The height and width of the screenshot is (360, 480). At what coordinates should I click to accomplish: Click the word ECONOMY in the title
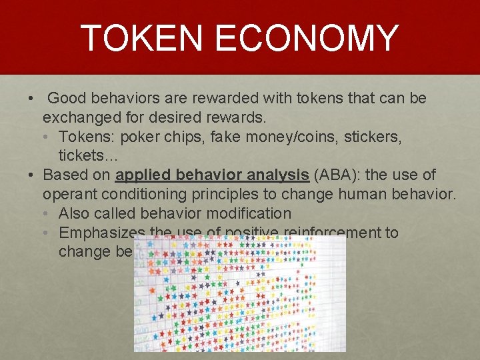click(x=308, y=38)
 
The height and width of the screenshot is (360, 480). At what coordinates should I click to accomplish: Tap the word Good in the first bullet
click(x=69, y=99)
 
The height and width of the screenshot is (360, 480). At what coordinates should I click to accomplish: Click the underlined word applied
click(x=143, y=175)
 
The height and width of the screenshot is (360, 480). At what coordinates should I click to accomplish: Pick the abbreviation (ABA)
click(x=335, y=175)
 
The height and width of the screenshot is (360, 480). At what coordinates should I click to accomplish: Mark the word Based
click(x=63, y=175)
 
